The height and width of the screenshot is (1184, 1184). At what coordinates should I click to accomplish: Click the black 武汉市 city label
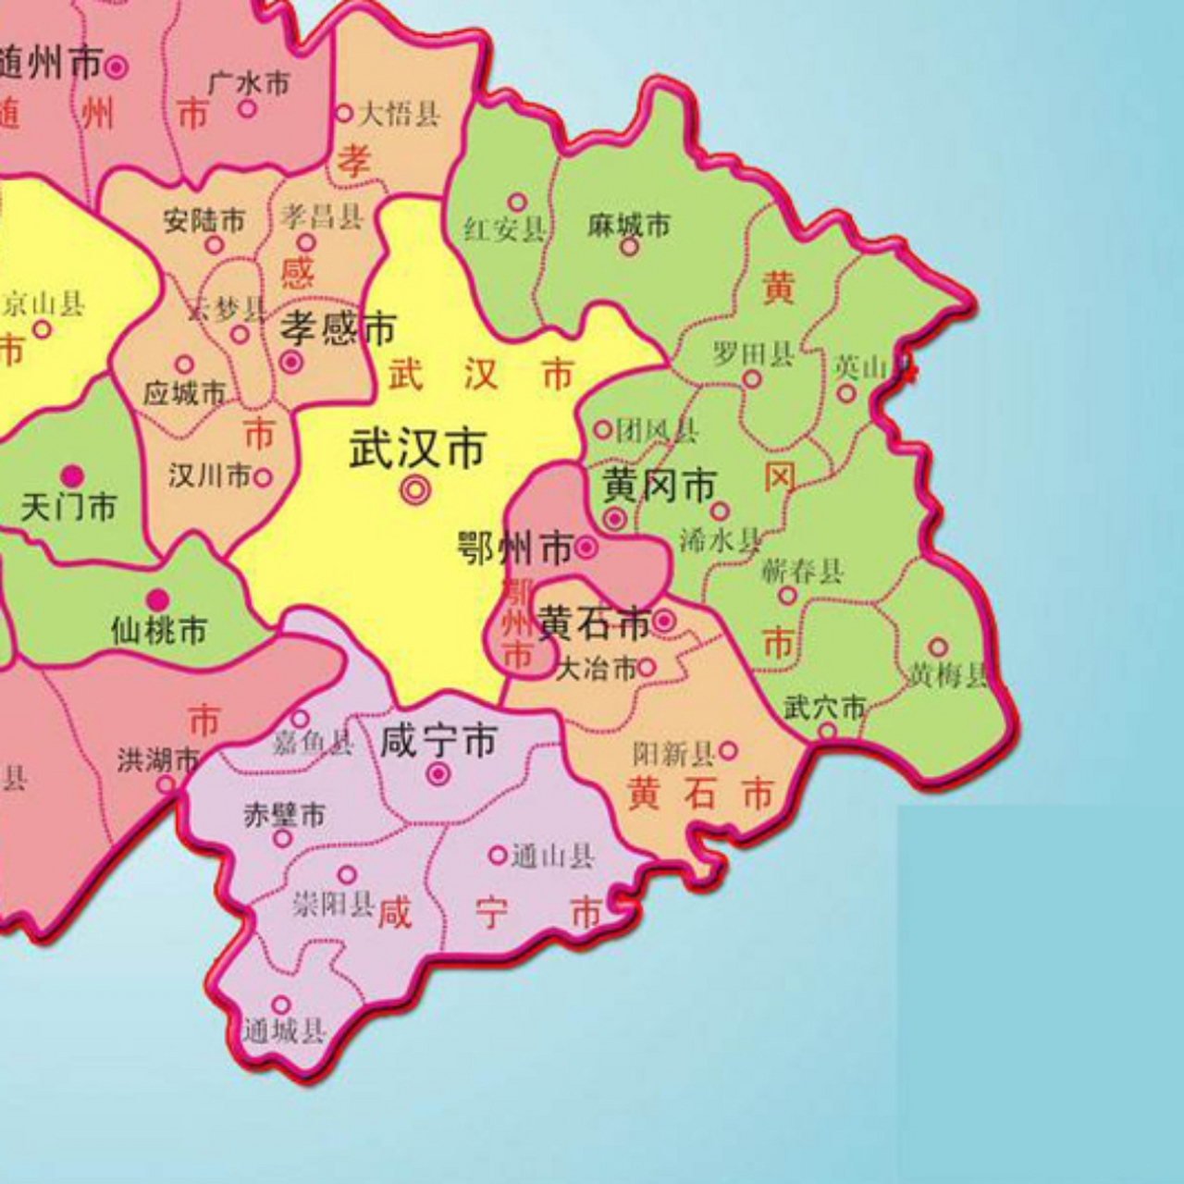(417, 450)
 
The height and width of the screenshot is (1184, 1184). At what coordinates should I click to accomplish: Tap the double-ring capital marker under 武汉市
(415, 490)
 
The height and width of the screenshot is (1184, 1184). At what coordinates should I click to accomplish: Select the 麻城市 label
(628, 225)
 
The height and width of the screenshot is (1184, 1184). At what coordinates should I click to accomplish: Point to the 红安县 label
(504, 228)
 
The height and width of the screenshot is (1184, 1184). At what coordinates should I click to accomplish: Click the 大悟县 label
(399, 114)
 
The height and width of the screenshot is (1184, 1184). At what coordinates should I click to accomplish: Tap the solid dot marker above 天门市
(72, 476)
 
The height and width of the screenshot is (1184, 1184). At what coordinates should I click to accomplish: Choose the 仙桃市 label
(158, 631)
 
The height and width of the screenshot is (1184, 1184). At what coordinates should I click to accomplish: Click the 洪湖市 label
(157, 760)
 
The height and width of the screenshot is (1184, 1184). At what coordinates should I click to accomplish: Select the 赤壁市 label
(284, 815)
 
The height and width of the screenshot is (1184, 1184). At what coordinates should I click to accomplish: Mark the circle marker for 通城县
(281, 1005)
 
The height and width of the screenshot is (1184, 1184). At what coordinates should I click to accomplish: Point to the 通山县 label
(552, 857)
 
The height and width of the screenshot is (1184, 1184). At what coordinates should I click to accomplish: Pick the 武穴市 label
(824, 708)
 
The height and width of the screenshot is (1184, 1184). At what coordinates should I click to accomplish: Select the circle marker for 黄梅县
(938, 647)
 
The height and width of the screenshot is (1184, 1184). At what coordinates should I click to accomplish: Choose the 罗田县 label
(753, 353)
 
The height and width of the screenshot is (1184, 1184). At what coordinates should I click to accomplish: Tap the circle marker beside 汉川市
(263, 477)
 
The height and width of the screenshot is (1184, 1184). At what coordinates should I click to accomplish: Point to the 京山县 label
(43, 303)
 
